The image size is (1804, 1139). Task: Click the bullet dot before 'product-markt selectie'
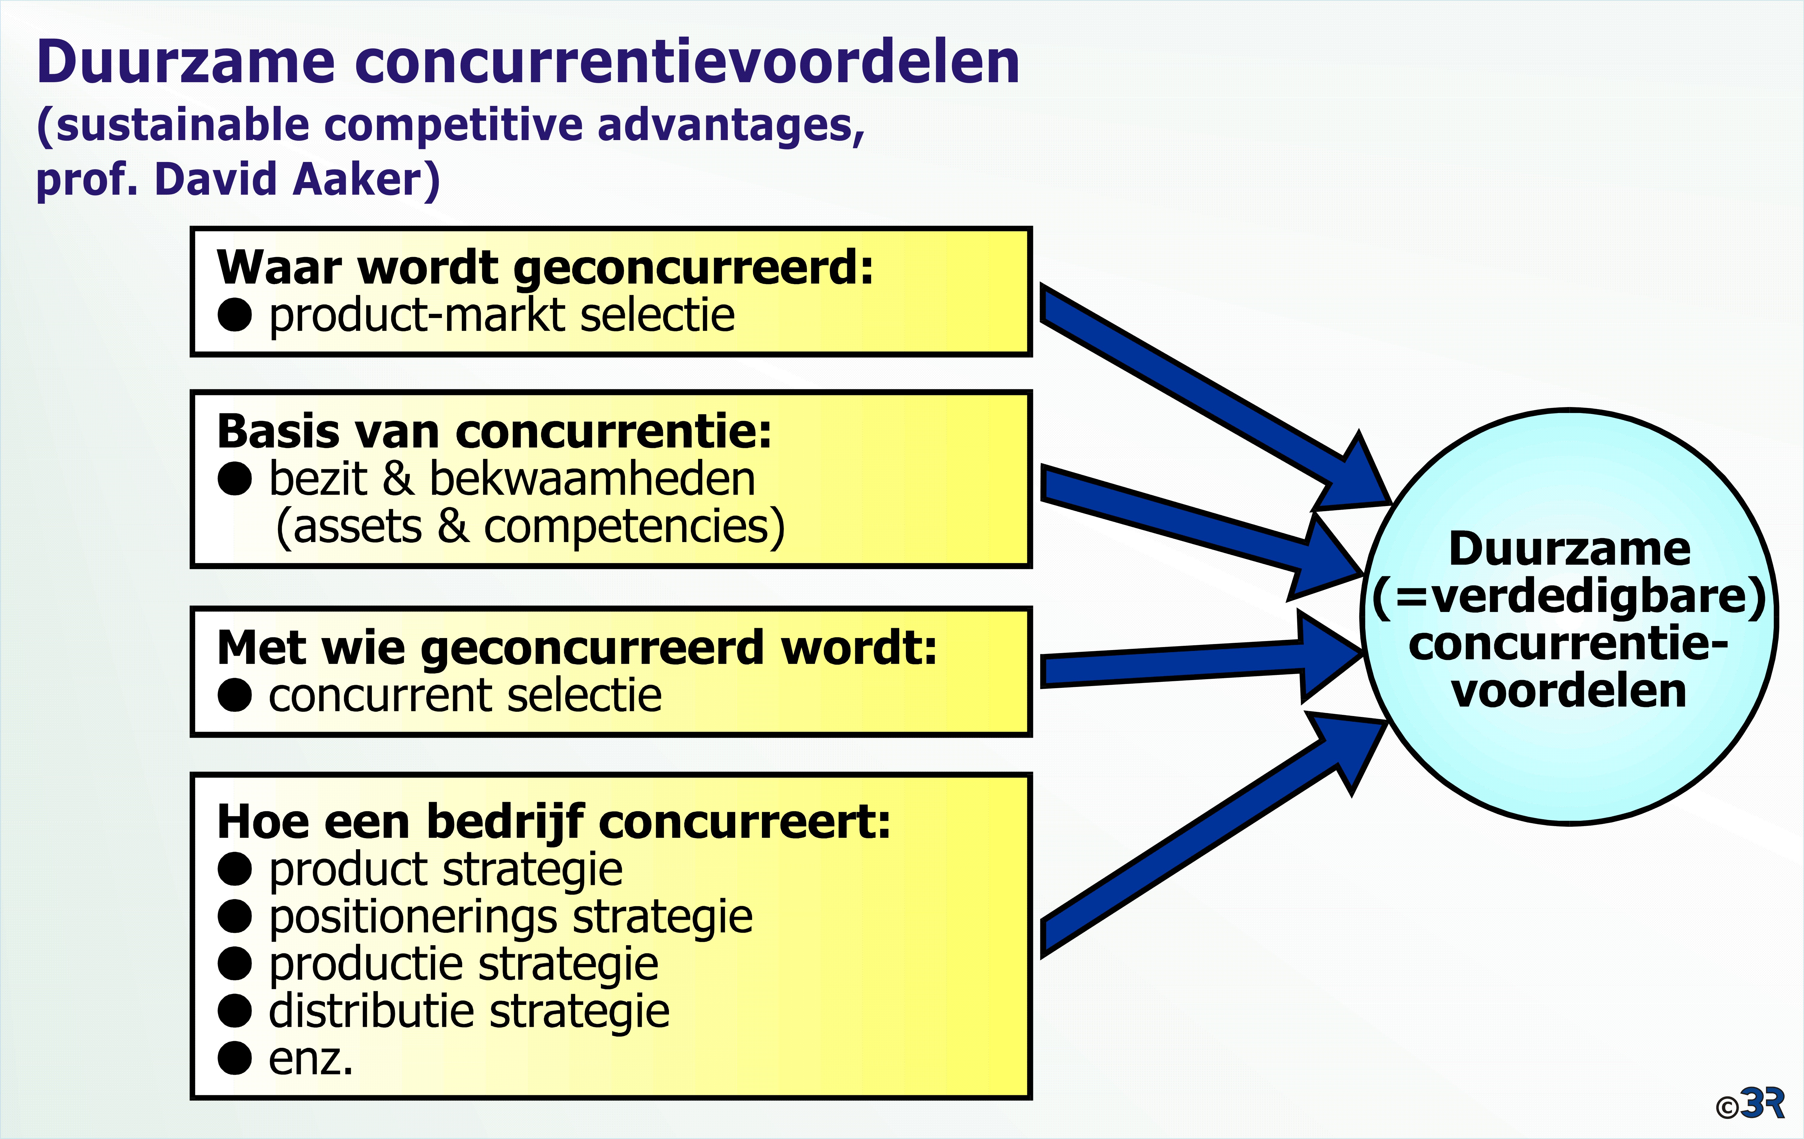click(x=234, y=315)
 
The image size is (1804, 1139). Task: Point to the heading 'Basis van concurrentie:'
click(x=494, y=432)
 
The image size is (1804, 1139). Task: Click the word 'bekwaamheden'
click(x=592, y=480)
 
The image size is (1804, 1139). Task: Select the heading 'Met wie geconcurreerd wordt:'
click(x=577, y=648)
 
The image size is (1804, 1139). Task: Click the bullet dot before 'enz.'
click(x=234, y=1058)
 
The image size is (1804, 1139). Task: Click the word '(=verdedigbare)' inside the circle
click(x=1570, y=597)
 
